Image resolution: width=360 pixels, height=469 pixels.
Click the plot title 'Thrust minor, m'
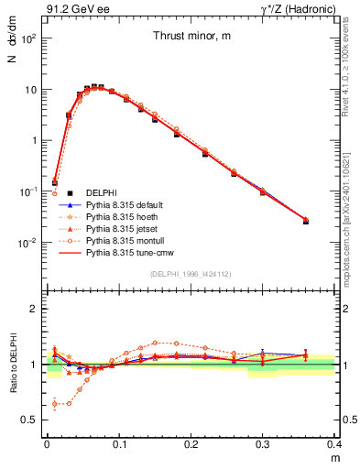pos(191,36)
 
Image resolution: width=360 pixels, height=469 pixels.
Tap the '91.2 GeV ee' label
pos(71,9)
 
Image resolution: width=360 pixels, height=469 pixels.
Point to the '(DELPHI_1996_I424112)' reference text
pos(191,273)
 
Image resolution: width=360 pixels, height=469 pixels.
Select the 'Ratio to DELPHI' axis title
pos(14,364)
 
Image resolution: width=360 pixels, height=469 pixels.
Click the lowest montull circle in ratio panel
pos(56,403)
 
